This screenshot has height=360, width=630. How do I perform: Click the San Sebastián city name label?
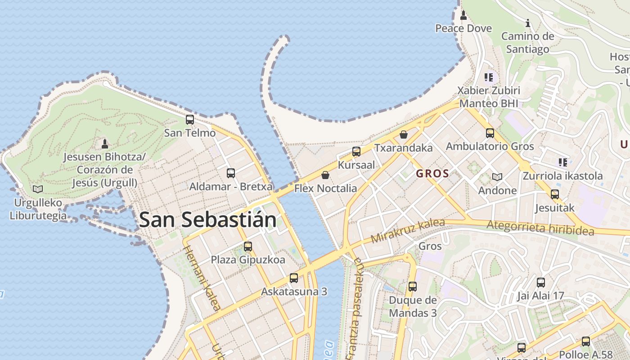click(x=207, y=220)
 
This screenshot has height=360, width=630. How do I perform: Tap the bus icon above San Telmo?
click(x=190, y=120)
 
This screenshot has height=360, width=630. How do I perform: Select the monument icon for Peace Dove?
click(x=463, y=16)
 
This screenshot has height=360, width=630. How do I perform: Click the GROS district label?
click(x=432, y=174)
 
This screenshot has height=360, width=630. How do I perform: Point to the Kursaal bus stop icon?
click(x=356, y=152)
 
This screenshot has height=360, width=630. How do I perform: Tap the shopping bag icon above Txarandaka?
click(x=404, y=135)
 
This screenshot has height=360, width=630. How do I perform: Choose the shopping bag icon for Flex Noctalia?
click(x=325, y=175)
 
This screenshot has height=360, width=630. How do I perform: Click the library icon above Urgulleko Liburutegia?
click(x=38, y=189)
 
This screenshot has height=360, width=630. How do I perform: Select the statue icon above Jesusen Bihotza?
click(x=105, y=144)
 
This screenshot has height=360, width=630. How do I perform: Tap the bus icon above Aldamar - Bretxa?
click(x=231, y=173)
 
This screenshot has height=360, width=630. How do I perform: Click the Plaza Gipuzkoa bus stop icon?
click(x=248, y=247)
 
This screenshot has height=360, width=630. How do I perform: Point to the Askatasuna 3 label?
click(x=294, y=292)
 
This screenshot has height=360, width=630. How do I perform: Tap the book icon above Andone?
click(x=497, y=177)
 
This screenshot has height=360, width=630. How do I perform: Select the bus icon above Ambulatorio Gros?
click(x=490, y=133)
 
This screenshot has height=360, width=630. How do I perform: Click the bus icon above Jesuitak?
click(x=555, y=194)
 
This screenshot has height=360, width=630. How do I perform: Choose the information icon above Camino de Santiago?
click(x=528, y=23)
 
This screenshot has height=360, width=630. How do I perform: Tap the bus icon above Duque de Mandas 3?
click(x=413, y=287)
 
